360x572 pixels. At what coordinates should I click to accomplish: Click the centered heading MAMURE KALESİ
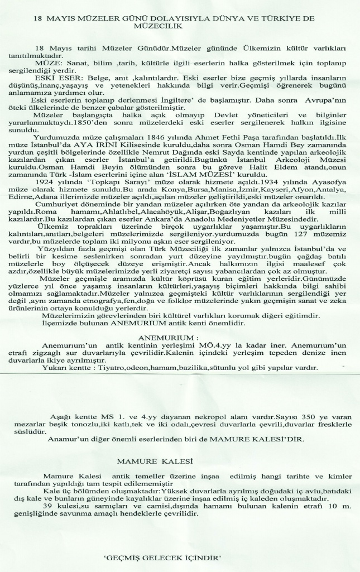pos(155,461)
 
